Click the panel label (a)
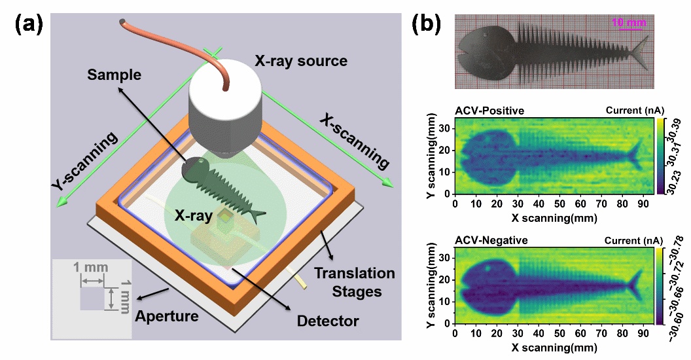(29, 25)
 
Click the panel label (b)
(426, 25)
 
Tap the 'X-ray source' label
(301, 61)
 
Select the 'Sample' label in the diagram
(114, 75)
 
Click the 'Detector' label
(328, 321)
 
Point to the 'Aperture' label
(167, 316)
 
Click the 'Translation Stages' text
(354, 282)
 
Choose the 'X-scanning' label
(354, 139)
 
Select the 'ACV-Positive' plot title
(489, 110)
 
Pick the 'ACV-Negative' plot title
(491, 240)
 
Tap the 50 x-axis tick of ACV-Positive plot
(559, 204)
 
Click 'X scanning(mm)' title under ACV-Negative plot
(554, 348)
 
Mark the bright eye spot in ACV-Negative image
(488, 268)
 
